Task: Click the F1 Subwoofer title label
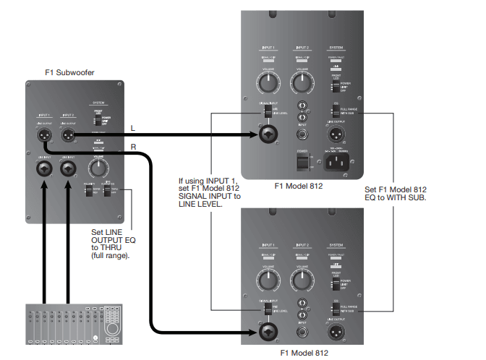tap(69, 72)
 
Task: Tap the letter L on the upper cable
tap(133, 127)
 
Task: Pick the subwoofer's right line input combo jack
tap(69, 169)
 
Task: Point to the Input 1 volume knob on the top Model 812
tap(268, 84)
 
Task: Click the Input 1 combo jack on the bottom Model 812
tap(268, 332)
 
